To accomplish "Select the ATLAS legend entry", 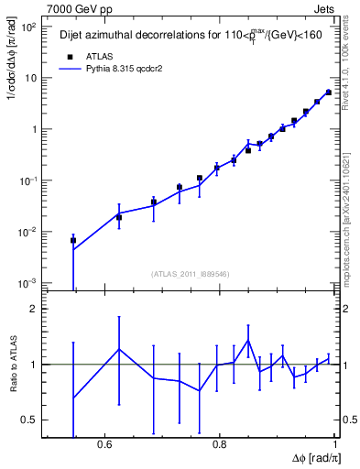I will (88, 55).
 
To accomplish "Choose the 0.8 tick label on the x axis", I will (219, 446).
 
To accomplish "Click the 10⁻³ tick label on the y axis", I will (29, 282).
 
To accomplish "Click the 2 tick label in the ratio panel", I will (35, 310).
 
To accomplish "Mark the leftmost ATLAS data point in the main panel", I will (73, 241).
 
